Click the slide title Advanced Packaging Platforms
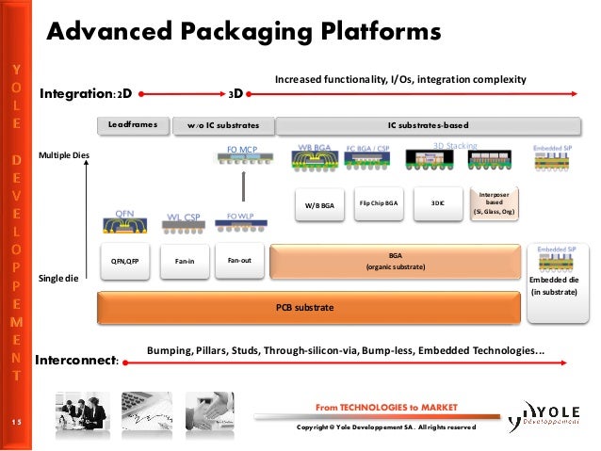(244, 32)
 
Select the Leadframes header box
(134, 124)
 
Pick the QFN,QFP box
(124, 261)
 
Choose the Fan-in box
(185, 261)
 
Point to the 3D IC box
(437, 203)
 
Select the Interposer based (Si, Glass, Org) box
(495, 203)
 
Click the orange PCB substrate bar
(310, 307)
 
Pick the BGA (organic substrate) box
(395, 261)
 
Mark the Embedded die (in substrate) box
(554, 286)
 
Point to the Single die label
(57, 279)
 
